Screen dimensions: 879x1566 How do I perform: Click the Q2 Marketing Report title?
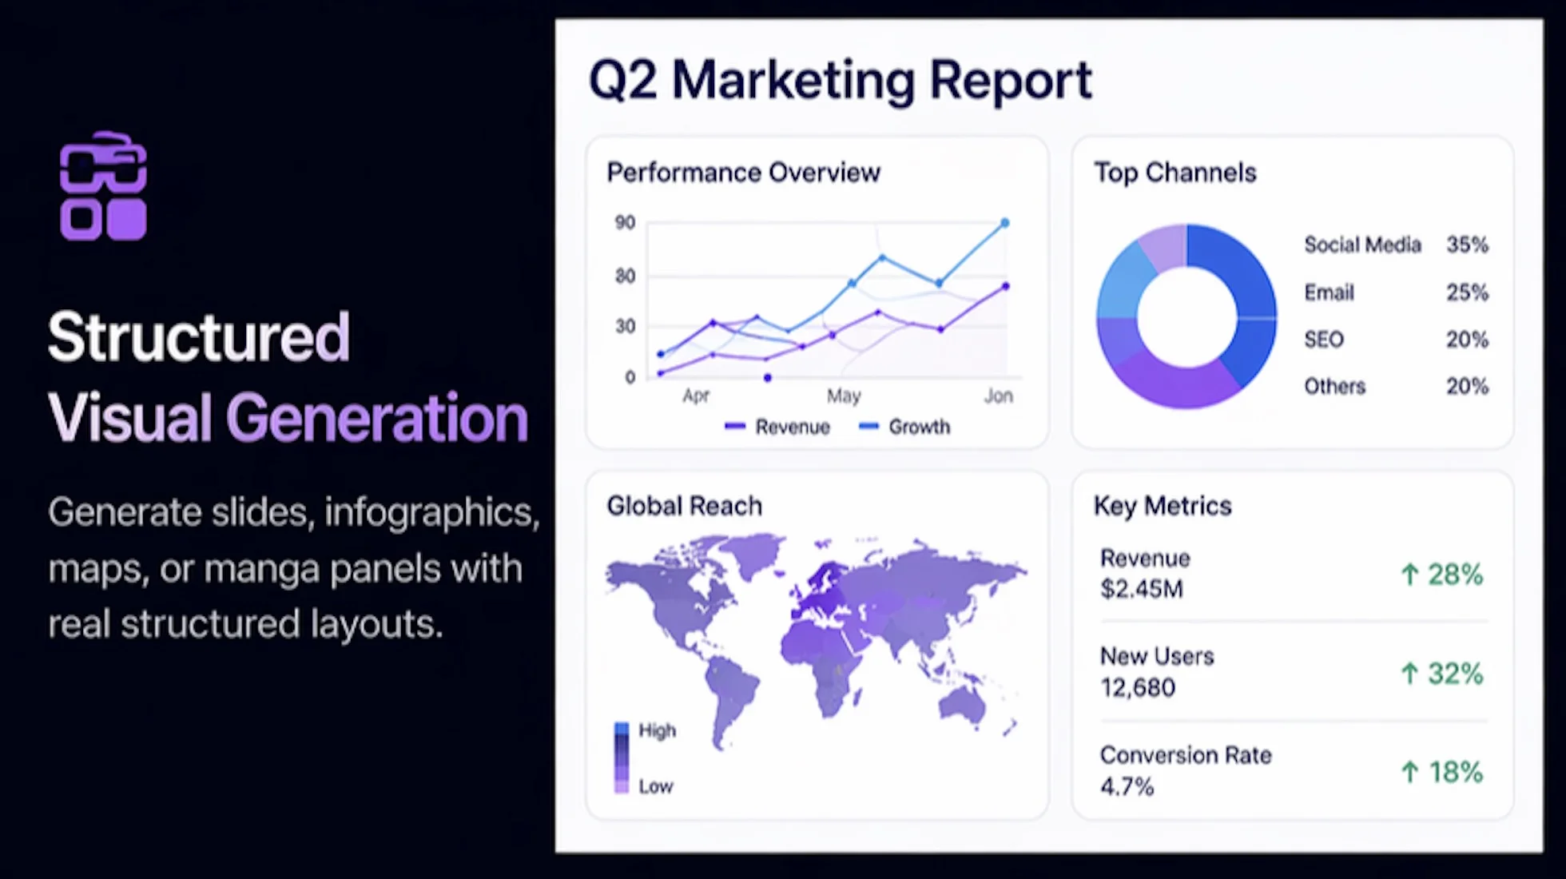(840, 81)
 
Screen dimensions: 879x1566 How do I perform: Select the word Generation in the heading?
(376, 418)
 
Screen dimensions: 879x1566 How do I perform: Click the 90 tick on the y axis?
(625, 223)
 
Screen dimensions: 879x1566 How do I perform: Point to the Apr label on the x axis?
(696, 396)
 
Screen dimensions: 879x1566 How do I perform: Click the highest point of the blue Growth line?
(1005, 223)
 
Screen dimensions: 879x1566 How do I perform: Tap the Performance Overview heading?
(743, 173)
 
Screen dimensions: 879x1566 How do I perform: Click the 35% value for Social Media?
(1467, 245)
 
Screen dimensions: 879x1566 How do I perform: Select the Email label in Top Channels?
(1329, 292)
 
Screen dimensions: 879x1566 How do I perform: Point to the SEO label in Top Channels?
(1324, 340)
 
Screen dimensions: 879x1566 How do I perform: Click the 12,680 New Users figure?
(1138, 688)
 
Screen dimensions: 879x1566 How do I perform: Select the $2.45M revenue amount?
(1141, 590)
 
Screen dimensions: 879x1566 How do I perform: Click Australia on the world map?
(962, 705)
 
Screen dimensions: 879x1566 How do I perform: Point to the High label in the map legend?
(657, 731)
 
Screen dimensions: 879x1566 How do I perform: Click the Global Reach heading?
(685, 507)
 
